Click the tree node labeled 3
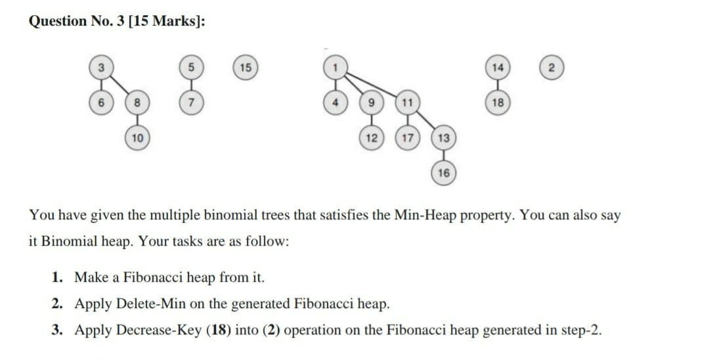coord(100,68)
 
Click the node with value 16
coord(444,173)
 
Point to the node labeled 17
coord(408,138)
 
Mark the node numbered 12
coord(371,138)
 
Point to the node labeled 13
coord(444,138)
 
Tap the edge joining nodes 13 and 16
coord(444,156)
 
